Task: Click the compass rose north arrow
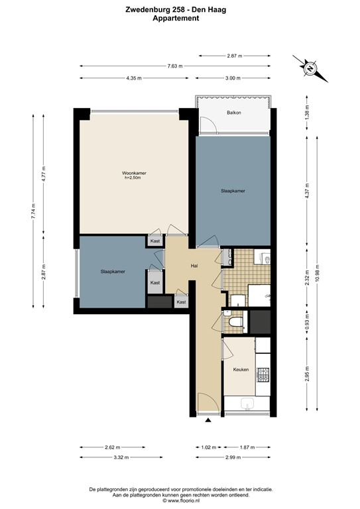[x=310, y=66]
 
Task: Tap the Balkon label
[x=233, y=113]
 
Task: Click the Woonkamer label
[x=134, y=173]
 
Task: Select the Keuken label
[x=241, y=369]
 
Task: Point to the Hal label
[x=195, y=266]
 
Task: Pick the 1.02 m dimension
[x=209, y=447]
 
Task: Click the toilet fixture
[x=233, y=323]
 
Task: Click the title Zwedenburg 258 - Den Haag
[x=180, y=10]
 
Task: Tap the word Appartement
[x=180, y=19]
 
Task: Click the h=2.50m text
[x=135, y=178]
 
